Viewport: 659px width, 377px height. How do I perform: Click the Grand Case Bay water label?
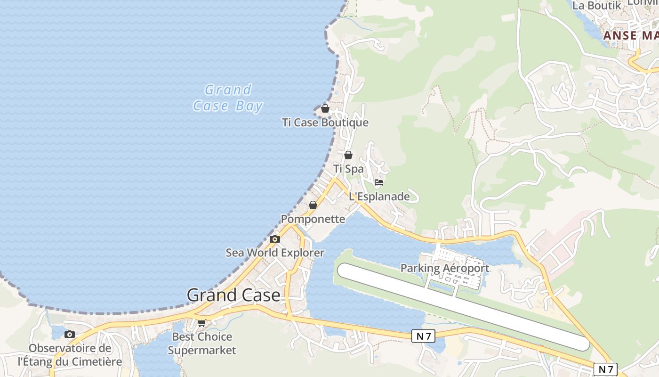[228, 98]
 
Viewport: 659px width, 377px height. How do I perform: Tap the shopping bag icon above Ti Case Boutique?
[325, 108]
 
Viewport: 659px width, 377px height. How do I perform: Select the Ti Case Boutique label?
[325, 123]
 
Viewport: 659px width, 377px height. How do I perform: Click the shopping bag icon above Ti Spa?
[348, 155]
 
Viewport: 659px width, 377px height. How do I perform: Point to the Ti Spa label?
[348, 169]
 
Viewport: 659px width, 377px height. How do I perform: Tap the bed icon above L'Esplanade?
[379, 182]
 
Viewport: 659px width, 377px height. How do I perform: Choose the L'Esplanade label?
[379, 197]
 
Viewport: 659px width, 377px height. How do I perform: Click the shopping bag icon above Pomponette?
[313, 205]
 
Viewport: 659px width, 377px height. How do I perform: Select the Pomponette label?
[313, 219]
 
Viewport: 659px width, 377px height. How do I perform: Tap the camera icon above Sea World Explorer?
[275, 239]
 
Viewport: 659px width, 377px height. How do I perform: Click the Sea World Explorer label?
[275, 253]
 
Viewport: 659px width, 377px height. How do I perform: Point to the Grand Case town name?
[233, 295]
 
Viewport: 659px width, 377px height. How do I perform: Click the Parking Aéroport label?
[445, 268]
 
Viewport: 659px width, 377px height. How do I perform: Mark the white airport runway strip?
[464, 306]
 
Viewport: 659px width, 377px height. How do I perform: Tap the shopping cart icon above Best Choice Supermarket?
[202, 323]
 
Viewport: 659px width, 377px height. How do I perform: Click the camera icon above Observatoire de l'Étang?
[70, 335]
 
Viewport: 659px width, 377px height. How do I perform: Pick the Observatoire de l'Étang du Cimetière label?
[70, 355]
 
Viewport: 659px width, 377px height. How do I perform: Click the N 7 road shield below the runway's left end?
[423, 336]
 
